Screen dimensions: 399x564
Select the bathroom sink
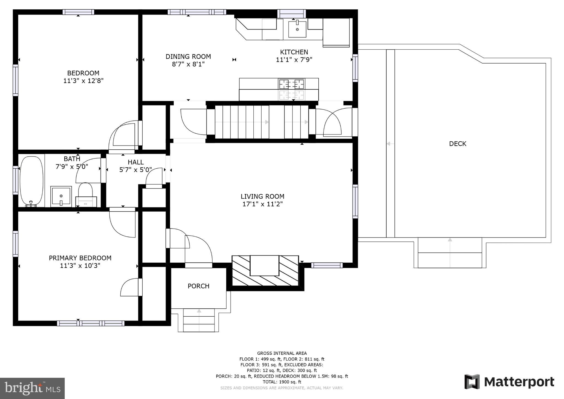[61, 196]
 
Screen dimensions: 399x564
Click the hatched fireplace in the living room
[265, 271]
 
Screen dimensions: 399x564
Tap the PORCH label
[199, 286]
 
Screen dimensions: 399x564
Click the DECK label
[457, 144]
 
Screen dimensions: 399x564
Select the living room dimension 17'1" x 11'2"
[262, 204]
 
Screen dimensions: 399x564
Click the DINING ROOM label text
[188, 56]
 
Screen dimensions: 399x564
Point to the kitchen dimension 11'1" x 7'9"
[294, 60]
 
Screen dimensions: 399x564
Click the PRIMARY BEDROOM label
[80, 258]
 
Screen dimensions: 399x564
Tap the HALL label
[135, 162]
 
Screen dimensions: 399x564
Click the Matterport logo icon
[472, 382]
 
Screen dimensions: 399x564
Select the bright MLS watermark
[32, 388]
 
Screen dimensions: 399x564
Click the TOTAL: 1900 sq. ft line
[282, 382]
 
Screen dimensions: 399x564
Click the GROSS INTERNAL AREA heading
[282, 353]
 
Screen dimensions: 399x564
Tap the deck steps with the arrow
[450, 253]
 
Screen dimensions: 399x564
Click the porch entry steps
[199, 320]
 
